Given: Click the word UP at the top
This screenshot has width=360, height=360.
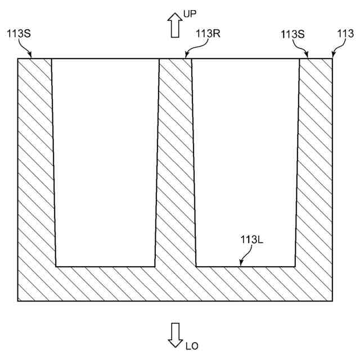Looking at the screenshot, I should click(x=190, y=12).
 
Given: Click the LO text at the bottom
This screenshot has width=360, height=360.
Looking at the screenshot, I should click(x=192, y=345).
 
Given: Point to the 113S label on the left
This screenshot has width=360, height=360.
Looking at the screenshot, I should click(x=19, y=33).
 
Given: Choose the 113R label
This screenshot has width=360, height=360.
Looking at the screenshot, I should click(x=208, y=33).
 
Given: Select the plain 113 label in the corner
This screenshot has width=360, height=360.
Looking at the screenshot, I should click(x=345, y=33).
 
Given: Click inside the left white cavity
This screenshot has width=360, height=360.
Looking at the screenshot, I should click(x=106, y=163).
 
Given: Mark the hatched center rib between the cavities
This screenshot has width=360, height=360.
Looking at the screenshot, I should click(x=175, y=163).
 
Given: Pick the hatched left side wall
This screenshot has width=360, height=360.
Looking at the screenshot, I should click(x=36, y=169).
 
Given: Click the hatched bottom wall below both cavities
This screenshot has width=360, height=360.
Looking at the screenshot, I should click(x=175, y=283).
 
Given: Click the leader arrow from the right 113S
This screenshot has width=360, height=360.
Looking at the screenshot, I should click(x=304, y=49).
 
